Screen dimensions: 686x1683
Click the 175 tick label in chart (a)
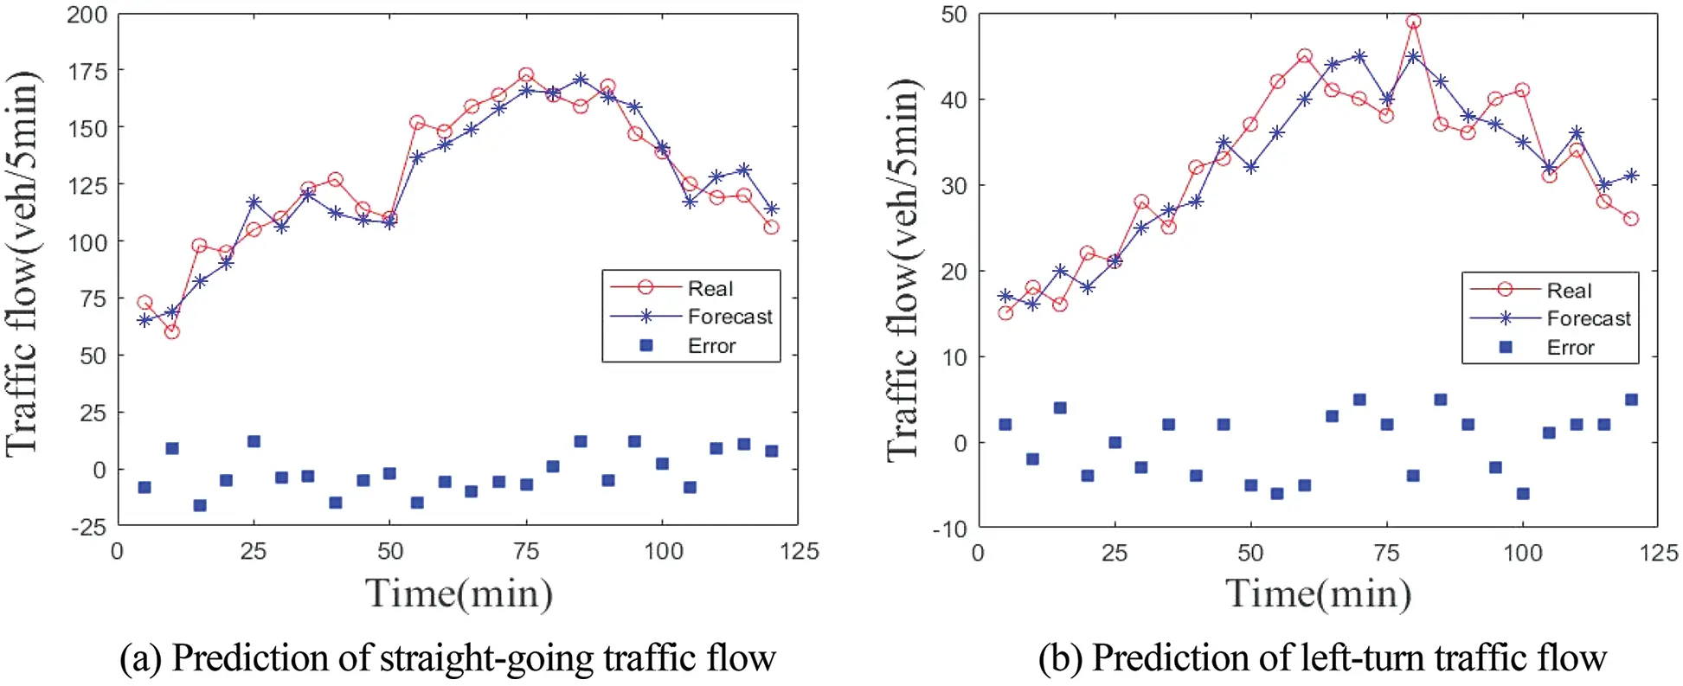tap(87, 71)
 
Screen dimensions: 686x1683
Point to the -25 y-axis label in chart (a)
tap(87, 527)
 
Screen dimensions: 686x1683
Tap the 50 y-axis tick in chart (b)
tap(954, 14)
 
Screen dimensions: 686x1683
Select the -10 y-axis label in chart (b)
tap(950, 529)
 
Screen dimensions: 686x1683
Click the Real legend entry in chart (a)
tap(710, 288)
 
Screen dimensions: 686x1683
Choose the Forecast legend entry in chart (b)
tap(1588, 318)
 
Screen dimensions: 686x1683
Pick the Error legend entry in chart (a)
tap(710, 346)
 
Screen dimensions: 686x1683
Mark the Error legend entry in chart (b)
tap(1570, 348)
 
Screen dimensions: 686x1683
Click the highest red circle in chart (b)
tap(1413, 22)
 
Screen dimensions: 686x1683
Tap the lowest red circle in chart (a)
tap(171, 331)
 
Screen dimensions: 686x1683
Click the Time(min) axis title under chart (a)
tap(459, 593)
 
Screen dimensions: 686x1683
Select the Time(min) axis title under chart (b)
tap(1317, 593)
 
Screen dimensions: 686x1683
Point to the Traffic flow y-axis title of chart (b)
tap(902, 268)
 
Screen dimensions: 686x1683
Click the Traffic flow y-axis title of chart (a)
tap(22, 264)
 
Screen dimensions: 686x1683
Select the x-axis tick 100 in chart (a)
tap(663, 551)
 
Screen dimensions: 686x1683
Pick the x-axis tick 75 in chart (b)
tap(1386, 553)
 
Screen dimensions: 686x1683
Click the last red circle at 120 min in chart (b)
tap(1631, 219)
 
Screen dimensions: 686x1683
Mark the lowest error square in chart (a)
tap(200, 505)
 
